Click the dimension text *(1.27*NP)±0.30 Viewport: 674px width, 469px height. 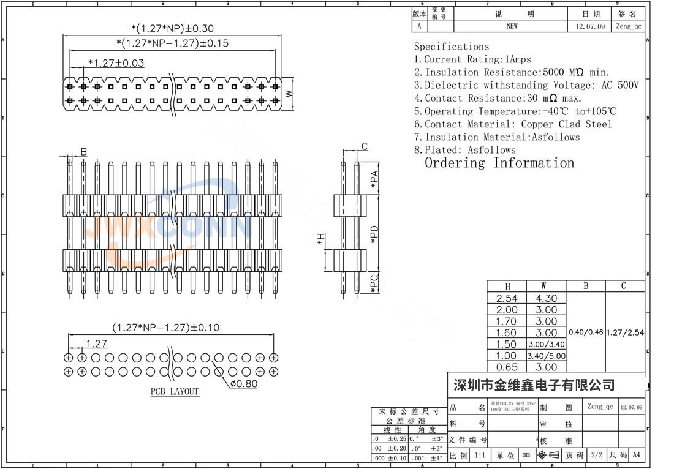pos(172,28)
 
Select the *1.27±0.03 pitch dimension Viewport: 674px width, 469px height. pos(116,62)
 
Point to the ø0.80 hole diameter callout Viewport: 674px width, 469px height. pos(244,384)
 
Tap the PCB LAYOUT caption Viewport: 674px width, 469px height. pos(175,391)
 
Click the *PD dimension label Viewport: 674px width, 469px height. pos(374,236)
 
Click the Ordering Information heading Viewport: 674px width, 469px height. pos(499,163)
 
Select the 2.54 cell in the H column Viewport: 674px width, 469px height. pos(507,298)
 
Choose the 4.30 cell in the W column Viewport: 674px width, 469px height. pos(546,298)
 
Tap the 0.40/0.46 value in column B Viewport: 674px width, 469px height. pos(586,332)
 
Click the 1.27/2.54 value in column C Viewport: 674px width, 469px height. pos(625,332)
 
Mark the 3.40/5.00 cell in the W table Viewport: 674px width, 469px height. pos(546,356)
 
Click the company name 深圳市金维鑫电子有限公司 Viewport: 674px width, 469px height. pos(533,385)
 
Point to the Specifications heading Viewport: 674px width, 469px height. pos(451,47)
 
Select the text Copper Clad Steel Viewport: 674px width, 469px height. pos(566,124)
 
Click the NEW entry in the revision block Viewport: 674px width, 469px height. pos(512,26)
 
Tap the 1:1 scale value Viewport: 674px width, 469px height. pos(480,456)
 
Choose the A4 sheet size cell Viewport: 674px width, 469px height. pos(637,456)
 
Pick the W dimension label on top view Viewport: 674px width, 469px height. pos(289,93)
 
